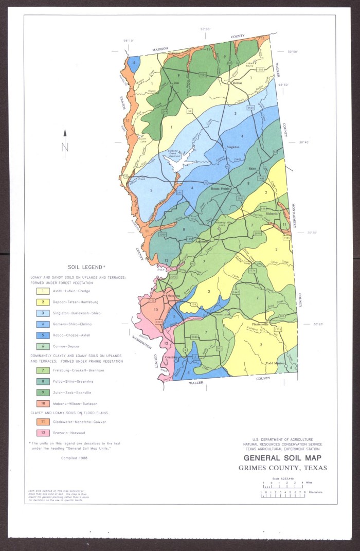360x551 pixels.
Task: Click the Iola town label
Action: (x=176, y=82)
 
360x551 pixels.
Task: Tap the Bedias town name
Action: (x=237, y=82)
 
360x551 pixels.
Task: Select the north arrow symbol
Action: (x=65, y=140)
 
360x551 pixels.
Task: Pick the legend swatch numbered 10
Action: (x=40, y=403)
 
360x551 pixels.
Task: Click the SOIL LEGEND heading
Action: (x=86, y=268)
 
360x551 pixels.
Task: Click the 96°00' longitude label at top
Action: (x=205, y=29)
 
